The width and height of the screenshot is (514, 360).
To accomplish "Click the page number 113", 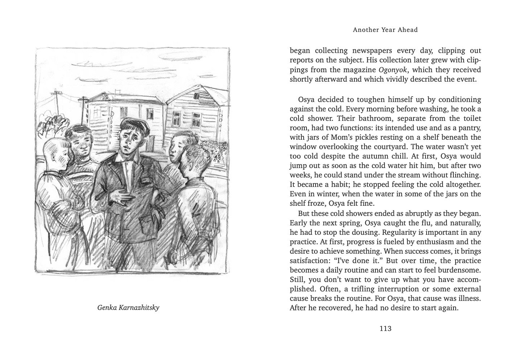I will [385, 329].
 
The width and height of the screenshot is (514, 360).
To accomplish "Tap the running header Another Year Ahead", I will [385, 30].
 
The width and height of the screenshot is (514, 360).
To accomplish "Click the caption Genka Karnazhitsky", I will [128, 308].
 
